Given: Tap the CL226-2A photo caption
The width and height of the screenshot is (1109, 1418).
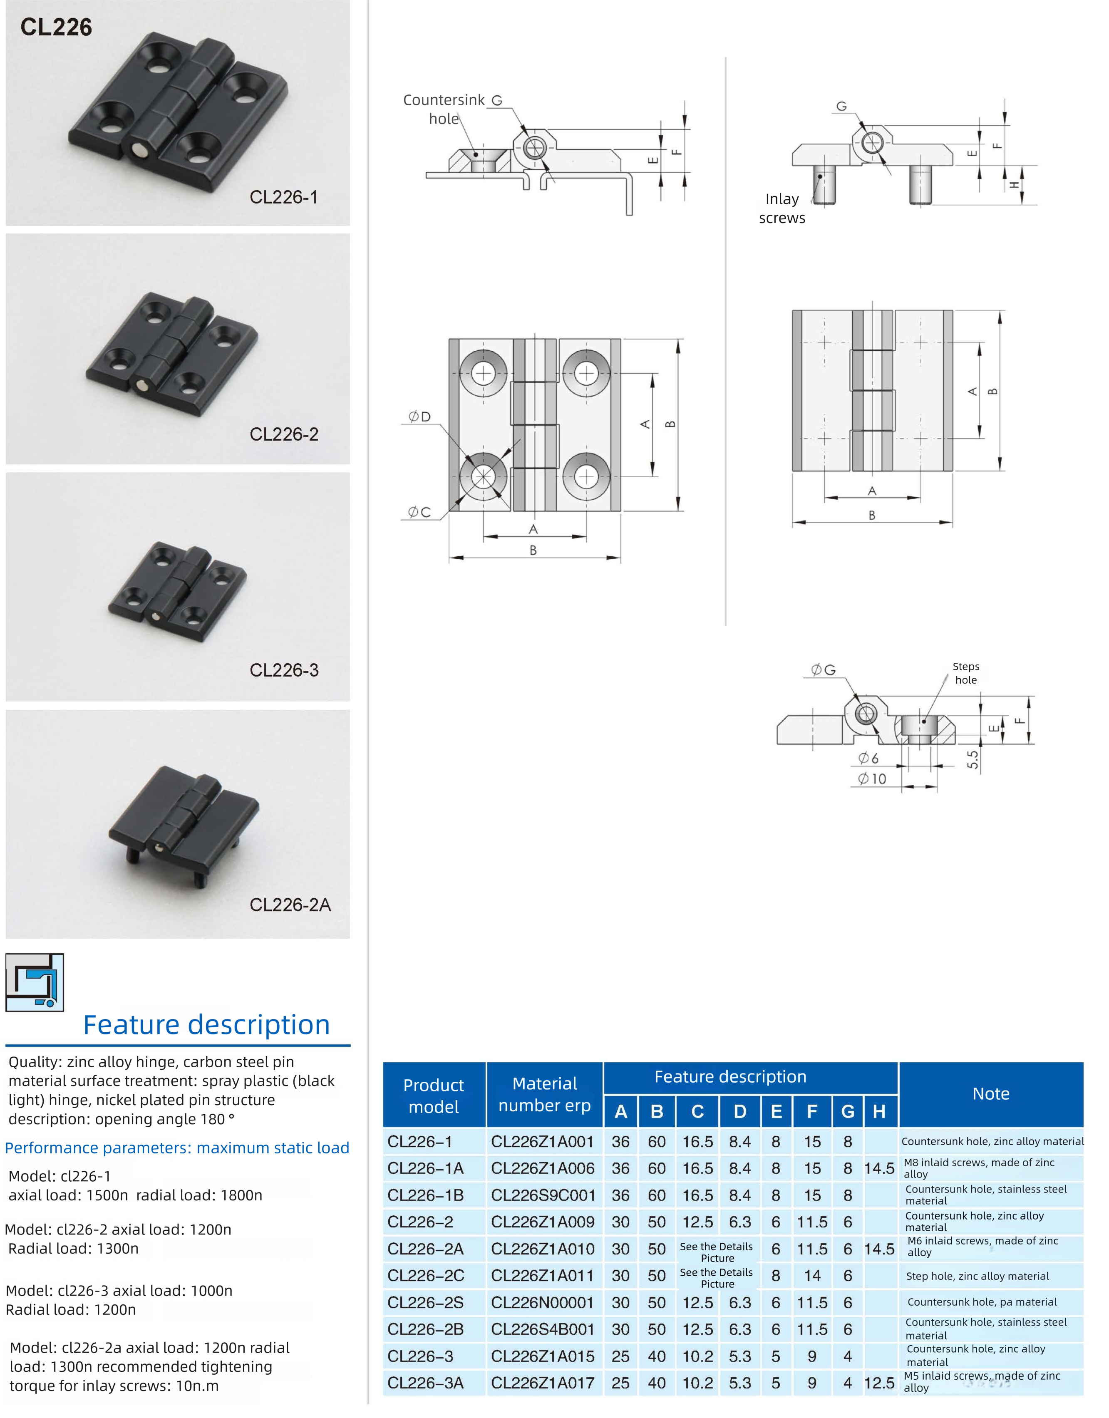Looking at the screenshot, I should tap(290, 905).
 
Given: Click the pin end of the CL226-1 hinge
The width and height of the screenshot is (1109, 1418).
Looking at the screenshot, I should tap(139, 151).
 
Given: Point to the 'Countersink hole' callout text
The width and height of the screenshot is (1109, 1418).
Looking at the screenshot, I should tap(444, 109).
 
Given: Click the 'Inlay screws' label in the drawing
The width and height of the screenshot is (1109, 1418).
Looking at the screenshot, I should tap(782, 208).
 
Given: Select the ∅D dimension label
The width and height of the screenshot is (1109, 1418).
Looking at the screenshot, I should tap(419, 417).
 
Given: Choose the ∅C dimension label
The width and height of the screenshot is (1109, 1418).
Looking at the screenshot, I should tap(419, 512).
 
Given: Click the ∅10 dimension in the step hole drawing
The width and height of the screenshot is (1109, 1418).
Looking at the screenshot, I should tap(872, 778).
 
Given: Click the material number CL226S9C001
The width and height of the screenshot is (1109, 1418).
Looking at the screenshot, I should tap(543, 1195).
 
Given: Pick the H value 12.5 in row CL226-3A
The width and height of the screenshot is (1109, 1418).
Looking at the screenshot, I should tap(879, 1383).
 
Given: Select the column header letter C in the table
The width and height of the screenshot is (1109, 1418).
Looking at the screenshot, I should tap(697, 1111).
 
